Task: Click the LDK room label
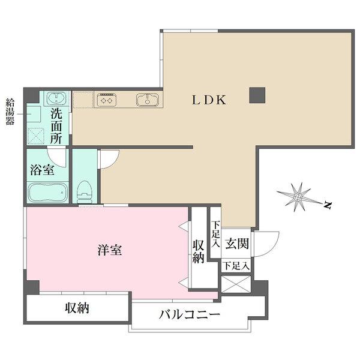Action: pyautogui.click(x=209, y=100)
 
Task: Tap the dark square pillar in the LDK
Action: pyautogui.click(x=257, y=95)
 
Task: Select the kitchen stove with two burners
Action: pyautogui.click(x=107, y=100)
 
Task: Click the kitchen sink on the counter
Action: pyautogui.click(x=148, y=100)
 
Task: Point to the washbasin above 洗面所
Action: pyautogui.click(x=56, y=98)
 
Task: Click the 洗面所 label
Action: pyautogui.click(x=56, y=126)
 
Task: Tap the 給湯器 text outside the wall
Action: pyautogui.click(x=10, y=112)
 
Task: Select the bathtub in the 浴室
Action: pyautogui.click(x=47, y=193)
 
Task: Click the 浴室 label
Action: pyautogui.click(x=42, y=170)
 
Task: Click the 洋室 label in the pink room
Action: pyautogui.click(x=110, y=250)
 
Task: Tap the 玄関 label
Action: pyautogui.click(x=237, y=244)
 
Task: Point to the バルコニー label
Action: pyautogui.click(x=190, y=314)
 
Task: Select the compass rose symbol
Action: pyautogui.click(x=298, y=197)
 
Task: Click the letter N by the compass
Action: pyautogui.click(x=328, y=205)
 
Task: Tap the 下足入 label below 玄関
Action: pyautogui.click(x=236, y=266)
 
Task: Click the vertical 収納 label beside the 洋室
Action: pyautogui.click(x=199, y=251)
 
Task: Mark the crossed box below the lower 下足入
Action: pyautogui.click(x=236, y=284)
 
